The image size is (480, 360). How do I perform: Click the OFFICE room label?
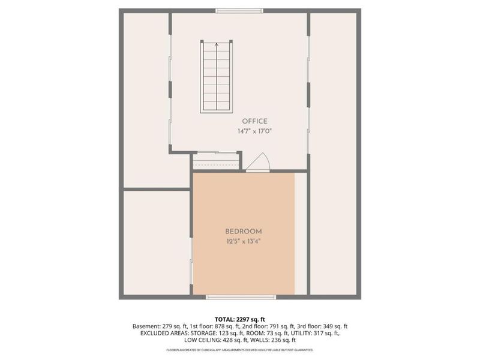click(255, 121)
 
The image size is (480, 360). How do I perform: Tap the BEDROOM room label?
click(244, 232)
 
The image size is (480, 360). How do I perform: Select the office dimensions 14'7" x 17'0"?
click(255, 131)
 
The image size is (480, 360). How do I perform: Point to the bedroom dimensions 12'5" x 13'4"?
click(244, 241)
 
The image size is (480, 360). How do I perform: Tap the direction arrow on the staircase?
click(216, 45)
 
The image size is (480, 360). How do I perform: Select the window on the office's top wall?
click(231, 10)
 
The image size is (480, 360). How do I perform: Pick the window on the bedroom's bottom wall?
click(241, 296)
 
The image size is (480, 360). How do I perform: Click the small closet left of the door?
click(216, 161)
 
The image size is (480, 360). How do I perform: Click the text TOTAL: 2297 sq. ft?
click(240, 319)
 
